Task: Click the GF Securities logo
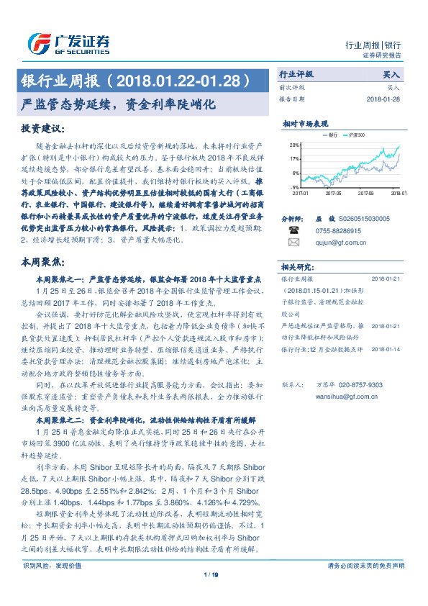[68, 43]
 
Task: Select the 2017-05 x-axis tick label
[333, 193]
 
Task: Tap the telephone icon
[293, 229]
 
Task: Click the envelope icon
[293, 243]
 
